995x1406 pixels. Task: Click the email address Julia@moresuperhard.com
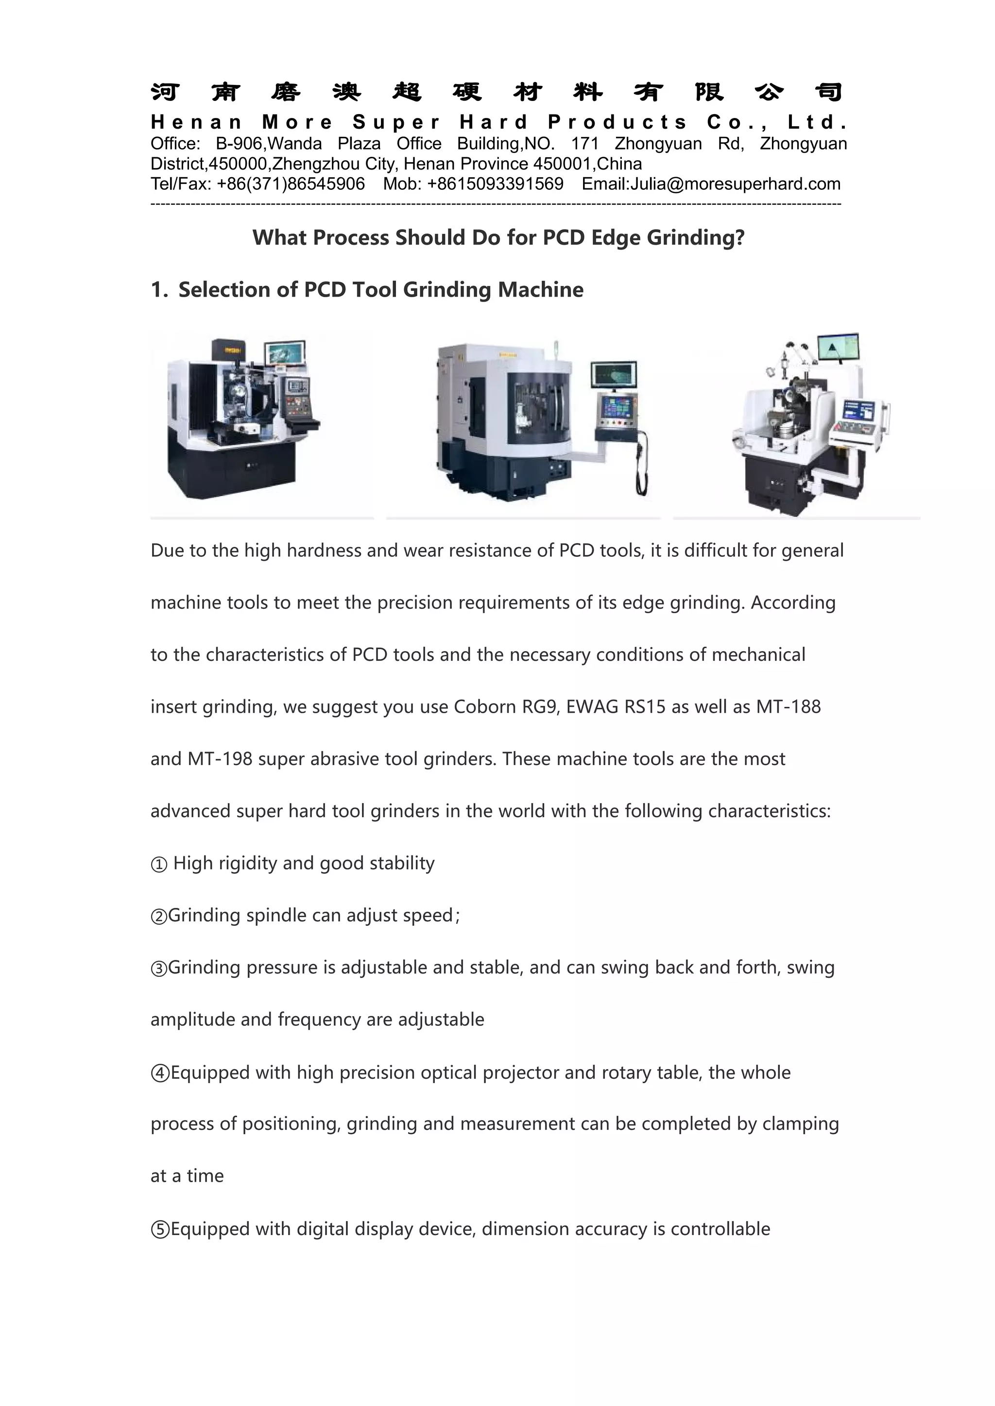(735, 184)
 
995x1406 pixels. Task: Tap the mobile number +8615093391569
(495, 184)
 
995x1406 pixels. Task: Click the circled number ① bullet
(159, 864)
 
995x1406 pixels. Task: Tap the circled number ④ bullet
(159, 1073)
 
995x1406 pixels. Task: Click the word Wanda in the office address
(295, 144)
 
